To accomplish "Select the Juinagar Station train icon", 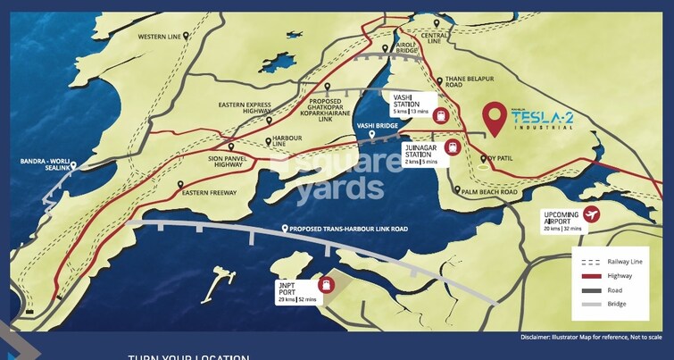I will pyautogui.click(x=453, y=148).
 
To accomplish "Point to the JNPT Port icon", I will pyautogui.click(x=328, y=285).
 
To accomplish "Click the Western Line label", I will pyautogui.click(x=160, y=37).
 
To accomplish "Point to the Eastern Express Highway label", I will pyautogui.click(x=245, y=109).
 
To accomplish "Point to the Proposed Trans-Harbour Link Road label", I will pyautogui.click(x=347, y=230).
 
